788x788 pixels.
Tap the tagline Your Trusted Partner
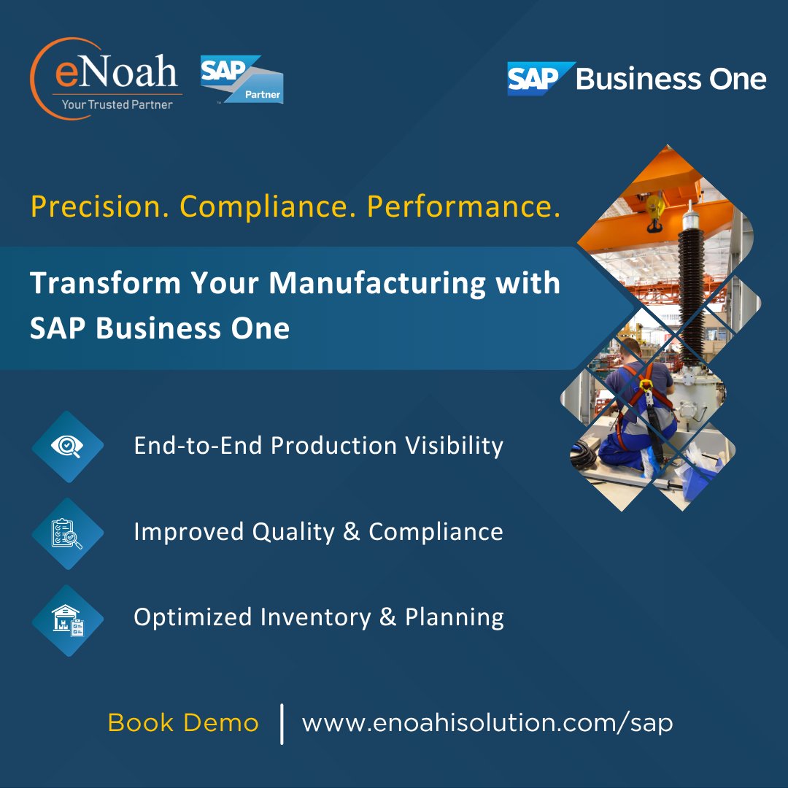coord(117,104)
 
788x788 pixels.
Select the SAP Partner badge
coord(242,79)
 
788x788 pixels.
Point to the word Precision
coord(98,207)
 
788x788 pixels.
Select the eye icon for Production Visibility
coord(67,447)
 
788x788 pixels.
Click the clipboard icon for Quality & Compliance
coord(67,533)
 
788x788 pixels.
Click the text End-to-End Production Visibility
coord(318,446)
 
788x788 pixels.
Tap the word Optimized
coord(188,618)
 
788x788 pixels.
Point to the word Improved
coord(188,532)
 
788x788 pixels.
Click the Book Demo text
coord(182,723)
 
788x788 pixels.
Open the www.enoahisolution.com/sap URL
coord(487,723)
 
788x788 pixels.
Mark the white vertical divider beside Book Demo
coord(282,723)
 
